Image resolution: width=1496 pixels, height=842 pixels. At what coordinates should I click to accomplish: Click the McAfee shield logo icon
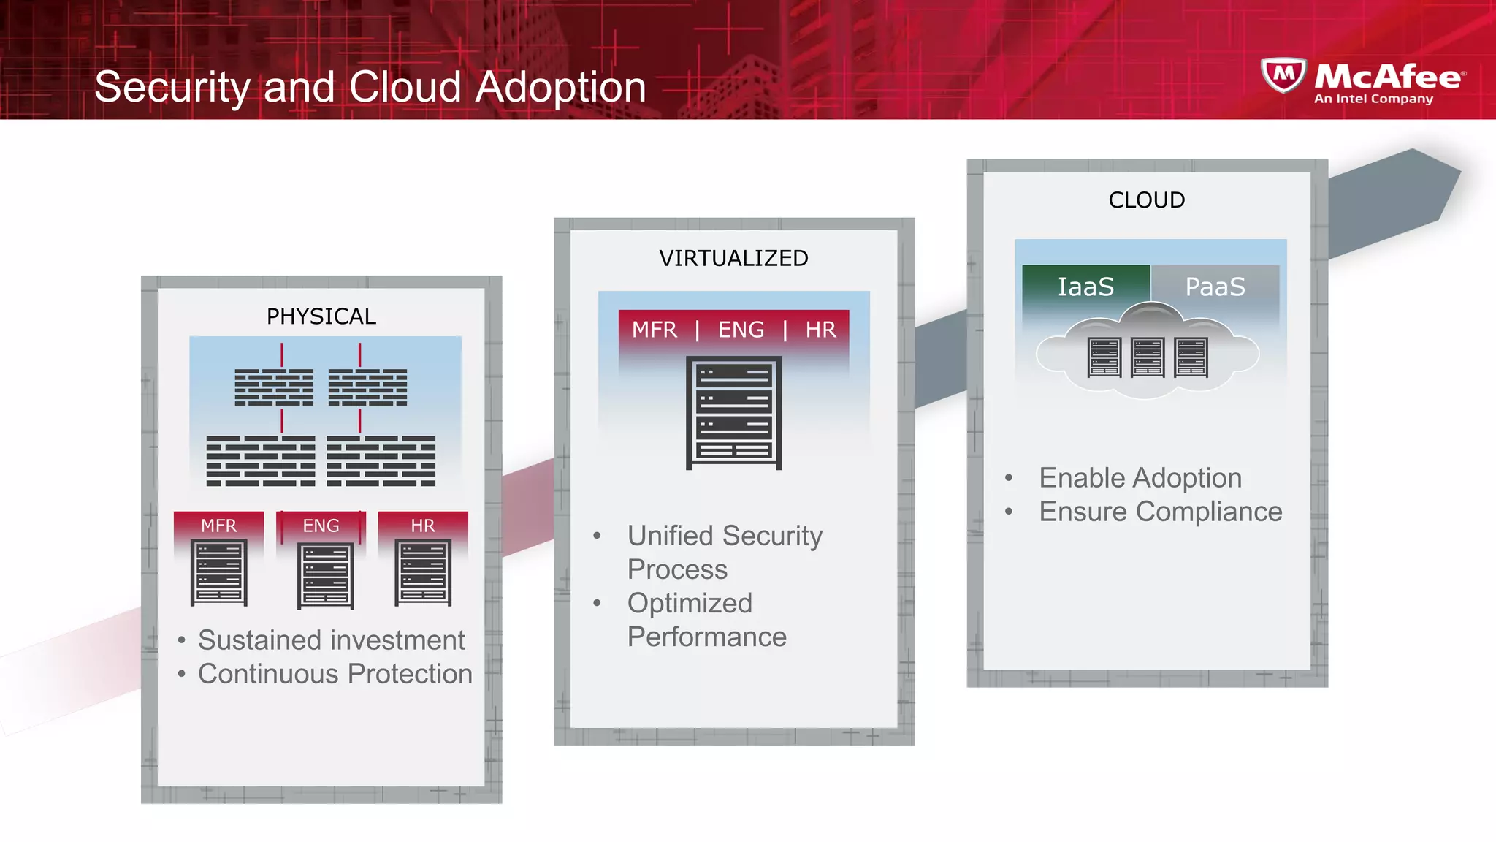(1283, 75)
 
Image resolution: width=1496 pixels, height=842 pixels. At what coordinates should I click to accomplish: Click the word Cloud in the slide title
(405, 87)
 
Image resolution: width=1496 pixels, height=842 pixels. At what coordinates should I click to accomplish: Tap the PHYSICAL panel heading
(321, 316)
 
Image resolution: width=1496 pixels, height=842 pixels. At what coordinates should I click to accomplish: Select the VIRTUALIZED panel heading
(733, 258)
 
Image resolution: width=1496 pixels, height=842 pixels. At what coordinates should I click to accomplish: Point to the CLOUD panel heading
(1146, 200)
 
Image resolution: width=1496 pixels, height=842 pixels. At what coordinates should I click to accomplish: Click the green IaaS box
(1085, 287)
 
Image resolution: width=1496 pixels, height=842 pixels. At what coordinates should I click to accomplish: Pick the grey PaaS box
(1215, 287)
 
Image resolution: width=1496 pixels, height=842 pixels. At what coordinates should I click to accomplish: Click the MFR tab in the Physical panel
(218, 526)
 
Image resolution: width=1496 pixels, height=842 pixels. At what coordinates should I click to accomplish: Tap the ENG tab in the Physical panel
(321, 526)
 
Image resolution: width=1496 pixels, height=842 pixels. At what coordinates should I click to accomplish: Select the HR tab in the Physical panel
(422, 526)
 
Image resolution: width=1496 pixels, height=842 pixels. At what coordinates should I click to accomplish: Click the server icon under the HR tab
(422, 572)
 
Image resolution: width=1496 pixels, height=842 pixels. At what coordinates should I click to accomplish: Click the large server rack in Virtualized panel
(733, 413)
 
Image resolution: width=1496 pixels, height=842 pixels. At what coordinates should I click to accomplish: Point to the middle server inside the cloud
(1147, 357)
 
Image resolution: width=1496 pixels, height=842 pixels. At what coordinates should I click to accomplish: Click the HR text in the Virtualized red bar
(820, 330)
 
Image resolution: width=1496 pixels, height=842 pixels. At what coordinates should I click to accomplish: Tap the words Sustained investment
(331, 640)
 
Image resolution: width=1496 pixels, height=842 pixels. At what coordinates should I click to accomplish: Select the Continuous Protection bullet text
(335, 674)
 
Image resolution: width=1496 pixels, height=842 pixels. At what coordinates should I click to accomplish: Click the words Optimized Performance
(706, 620)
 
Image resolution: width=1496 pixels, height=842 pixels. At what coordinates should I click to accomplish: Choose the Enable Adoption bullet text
(1140, 478)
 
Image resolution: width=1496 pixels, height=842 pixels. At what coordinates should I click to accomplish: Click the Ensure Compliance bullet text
(1160, 512)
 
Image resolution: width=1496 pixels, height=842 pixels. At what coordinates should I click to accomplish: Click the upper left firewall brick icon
(274, 387)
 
